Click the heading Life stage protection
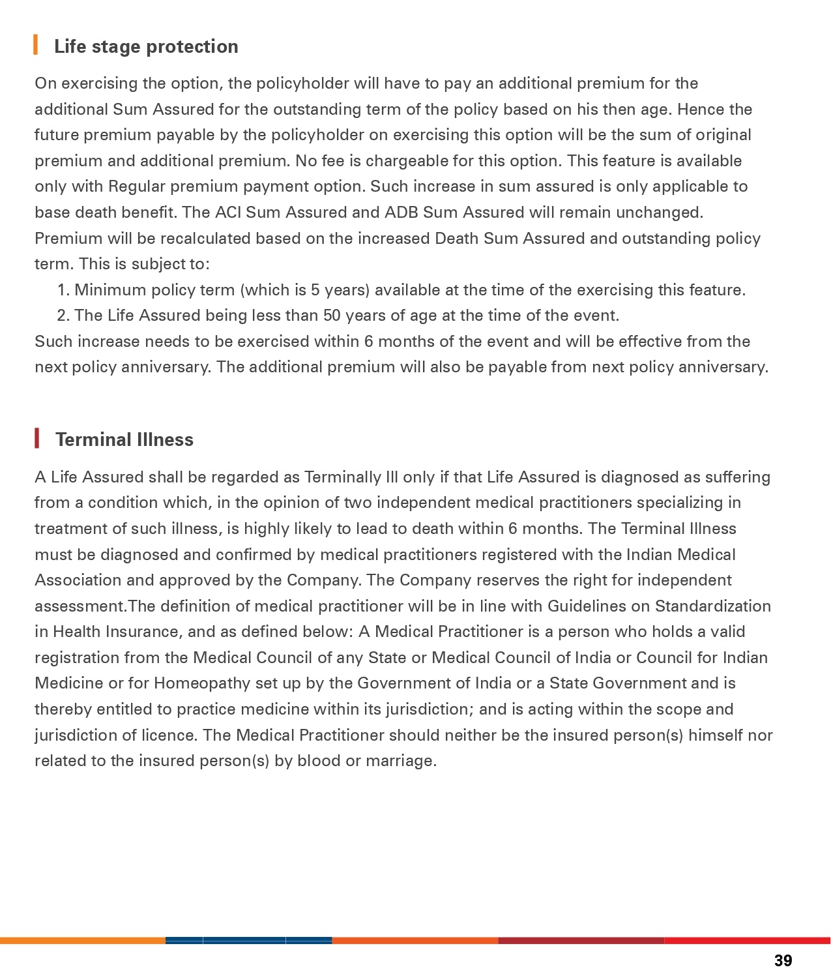[x=146, y=46]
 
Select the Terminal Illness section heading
[x=124, y=439]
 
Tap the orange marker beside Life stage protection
[x=36, y=46]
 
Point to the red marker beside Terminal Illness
[x=37, y=439]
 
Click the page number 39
[x=783, y=960]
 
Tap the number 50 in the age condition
[x=332, y=316]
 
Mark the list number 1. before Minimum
[x=63, y=290]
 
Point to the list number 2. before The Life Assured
[x=63, y=316]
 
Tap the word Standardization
[x=712, y=606]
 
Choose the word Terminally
[x=342, y=477]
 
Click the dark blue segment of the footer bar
[x=248, y=940]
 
